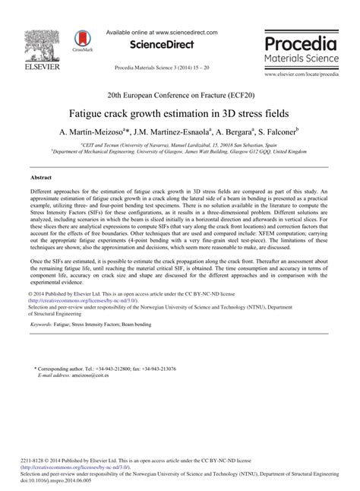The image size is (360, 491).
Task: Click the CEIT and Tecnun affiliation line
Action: pos(179,144)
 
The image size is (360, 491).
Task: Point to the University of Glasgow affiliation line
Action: pos(179,151)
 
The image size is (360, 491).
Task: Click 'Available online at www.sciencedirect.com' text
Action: pos(162,33)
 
